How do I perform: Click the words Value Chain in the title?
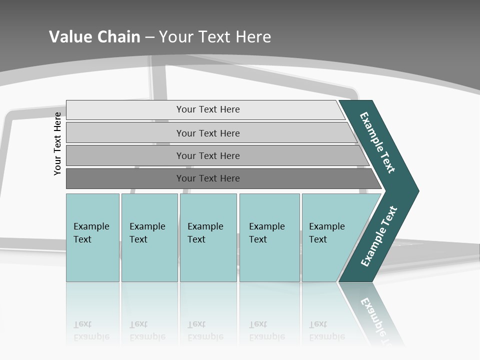click(94, 36)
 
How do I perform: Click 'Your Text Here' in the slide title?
click(215, 36)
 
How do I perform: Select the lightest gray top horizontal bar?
click(125, 109)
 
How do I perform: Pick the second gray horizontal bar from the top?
click(125, 133)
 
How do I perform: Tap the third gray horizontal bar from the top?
click(125, 155)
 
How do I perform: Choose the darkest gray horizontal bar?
click(125, 178)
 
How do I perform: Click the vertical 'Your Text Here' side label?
click(57, 143)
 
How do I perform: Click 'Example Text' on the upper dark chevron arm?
click(377, 142)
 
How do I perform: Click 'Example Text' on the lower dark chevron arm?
click(379, 236)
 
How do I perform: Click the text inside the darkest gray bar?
click(208, 178)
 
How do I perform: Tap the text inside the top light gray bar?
click(208, 109)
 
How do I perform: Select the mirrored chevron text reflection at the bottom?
click(376, 320)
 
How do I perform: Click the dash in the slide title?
click(149, 36)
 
